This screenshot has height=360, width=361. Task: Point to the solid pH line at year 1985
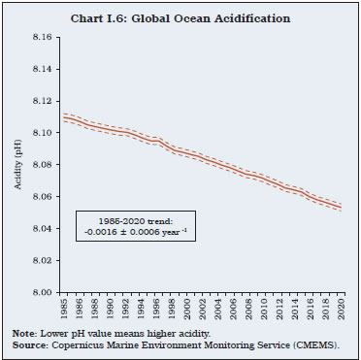[x=64, y=117]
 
